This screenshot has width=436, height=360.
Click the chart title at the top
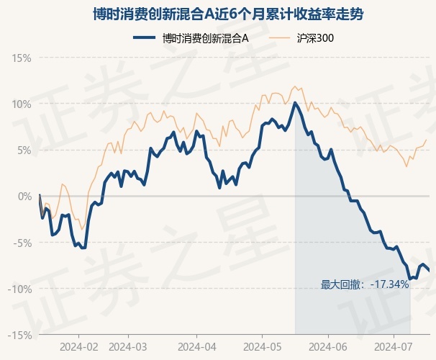228,14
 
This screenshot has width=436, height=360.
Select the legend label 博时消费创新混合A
205,38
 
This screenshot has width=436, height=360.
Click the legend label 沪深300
315,38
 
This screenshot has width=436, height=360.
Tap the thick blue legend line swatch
144,38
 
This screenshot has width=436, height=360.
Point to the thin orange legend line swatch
279,38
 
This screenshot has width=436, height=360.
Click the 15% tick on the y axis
22,58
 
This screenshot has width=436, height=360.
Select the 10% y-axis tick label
22,104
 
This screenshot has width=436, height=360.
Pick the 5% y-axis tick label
24,150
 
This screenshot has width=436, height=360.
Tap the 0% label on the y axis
25,197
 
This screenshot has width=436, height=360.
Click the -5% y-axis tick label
23,243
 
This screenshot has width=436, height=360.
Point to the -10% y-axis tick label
19,289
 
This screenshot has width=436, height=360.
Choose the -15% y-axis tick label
19,336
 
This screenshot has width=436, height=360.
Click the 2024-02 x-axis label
79,347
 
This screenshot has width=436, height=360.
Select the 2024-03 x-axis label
128,347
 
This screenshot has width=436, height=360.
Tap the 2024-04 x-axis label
197,347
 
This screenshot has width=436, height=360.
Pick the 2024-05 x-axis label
262,347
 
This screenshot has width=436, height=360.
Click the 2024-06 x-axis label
328,347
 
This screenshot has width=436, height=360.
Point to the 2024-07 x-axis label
394,347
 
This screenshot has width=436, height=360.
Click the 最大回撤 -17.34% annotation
365,284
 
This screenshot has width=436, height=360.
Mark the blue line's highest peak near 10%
295,103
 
